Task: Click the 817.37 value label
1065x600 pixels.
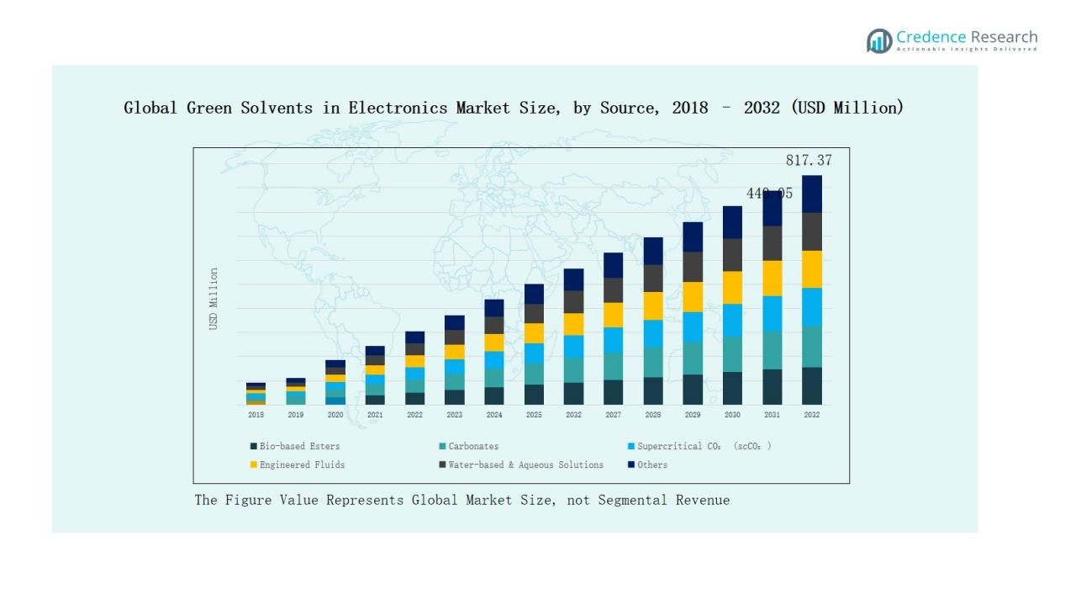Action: (x=809, y=160)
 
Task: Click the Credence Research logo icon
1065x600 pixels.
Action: (x=879, y=40)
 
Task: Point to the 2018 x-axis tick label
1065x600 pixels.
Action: (x=256, y=415)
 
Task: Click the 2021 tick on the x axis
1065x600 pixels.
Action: (x=375, y=415)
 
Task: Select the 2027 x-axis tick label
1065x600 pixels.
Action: (x=614, y=415)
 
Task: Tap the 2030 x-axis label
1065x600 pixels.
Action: (x=732, y=415)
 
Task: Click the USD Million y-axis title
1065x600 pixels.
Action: (x=214, y=299)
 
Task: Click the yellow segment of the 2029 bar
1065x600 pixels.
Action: (x=693, y=297)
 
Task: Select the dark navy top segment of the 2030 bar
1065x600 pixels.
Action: (x=732, y=222)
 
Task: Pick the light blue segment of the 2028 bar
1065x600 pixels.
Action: (x=653, y=333)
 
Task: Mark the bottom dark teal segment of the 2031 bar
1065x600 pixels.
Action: (x=772, y=387)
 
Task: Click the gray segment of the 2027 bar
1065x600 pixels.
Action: (x=614, y=290)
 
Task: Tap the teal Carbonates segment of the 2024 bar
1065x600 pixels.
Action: (x=494, y=378)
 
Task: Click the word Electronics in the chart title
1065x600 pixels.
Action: (x=399, y=108)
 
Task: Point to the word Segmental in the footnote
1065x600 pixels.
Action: (x=631, y=500)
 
